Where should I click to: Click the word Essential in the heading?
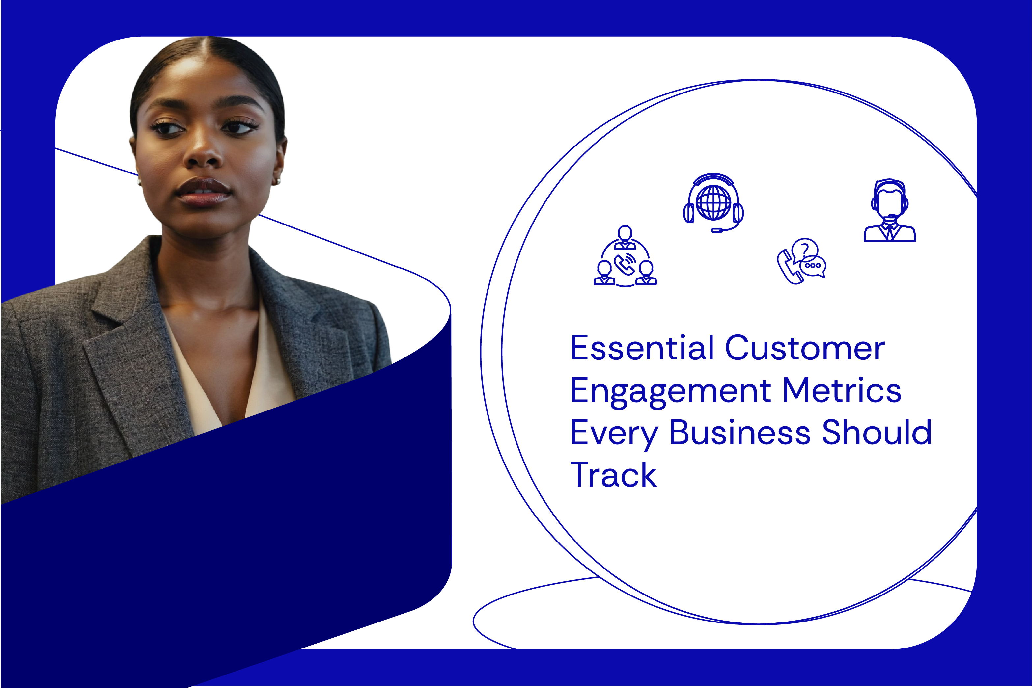point(642,348)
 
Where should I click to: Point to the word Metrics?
point(842,390)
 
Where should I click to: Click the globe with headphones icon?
point(713,203)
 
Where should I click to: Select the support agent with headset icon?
point(889,210)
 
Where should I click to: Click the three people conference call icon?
point(625,256)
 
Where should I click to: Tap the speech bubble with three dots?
point(813,267)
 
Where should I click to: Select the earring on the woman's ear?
point(278,181)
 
